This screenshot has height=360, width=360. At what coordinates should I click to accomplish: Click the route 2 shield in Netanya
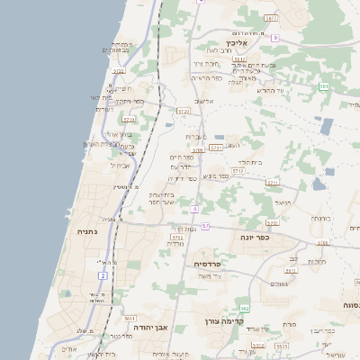pos(103,274)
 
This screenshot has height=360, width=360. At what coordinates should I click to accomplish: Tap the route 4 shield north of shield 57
pos(194,209)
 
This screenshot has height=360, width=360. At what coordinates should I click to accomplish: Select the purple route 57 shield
pos(205,226)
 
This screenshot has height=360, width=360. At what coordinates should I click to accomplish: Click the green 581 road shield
pos(324,86)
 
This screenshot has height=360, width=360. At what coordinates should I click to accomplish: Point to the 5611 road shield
pos(130,319)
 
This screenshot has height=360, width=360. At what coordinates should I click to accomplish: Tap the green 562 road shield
pos(243,309)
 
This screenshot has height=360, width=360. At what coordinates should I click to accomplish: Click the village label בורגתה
pos(322,218)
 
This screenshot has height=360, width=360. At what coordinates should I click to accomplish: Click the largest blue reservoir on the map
pos(325,126)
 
